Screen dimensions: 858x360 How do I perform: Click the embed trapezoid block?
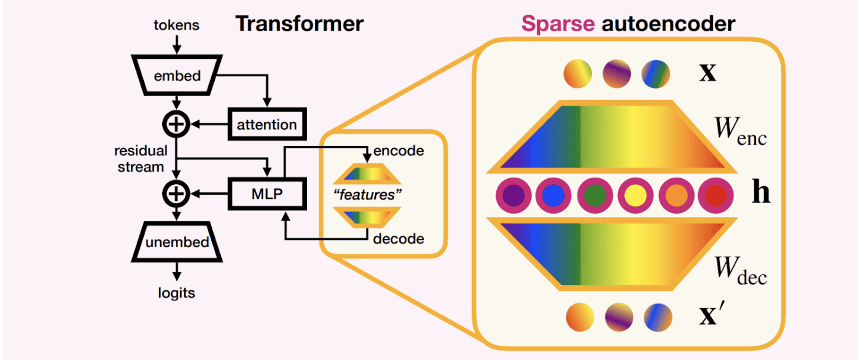(x=176, y=76)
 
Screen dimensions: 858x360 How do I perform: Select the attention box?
(x=267, y=124)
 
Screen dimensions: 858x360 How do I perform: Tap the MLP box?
(x=267, y=194)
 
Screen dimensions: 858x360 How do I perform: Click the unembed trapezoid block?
(x=176, y=241)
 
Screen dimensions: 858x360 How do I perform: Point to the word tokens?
(x=176, y=25)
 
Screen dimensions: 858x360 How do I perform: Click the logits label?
(x=176, y=293)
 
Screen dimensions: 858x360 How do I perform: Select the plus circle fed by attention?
(x=176, y=124)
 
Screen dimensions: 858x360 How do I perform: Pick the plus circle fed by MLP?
(x=176, y=194)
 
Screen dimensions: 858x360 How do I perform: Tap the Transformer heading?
(x=300, y=24)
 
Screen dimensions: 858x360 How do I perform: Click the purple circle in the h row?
(x=513, y=195)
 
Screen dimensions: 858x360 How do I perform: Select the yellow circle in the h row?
(x=636, y=195)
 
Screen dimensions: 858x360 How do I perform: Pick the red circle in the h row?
(x=716, y=195)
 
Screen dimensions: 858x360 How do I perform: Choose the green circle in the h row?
(x=595, y=195)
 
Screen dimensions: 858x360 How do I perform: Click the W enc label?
(x=741, y=131)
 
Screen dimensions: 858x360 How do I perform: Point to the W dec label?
(x=741, y=270)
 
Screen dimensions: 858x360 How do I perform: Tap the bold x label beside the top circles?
(x=708, y=72)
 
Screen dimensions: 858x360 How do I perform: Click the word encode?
(x=399, y=151)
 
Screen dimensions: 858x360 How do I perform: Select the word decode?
(x=399, y=239)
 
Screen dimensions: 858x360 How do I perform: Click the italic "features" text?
(x=367, y=195)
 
